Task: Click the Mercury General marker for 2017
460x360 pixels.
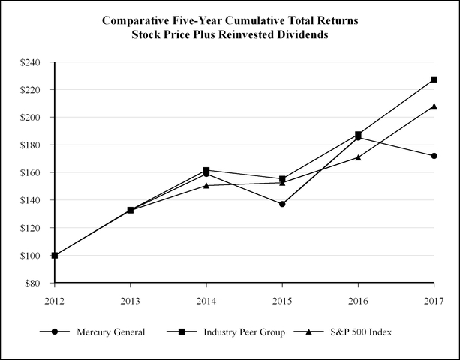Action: (434, 156)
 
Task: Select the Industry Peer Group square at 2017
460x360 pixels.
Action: (434, 79)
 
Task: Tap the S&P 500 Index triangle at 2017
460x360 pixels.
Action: (434, 106)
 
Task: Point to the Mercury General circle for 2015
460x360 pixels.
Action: (282, 204)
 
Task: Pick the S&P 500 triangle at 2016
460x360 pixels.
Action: (358, 157)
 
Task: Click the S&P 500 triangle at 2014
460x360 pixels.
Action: (206, 185)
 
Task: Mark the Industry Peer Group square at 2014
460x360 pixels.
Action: (206, 170)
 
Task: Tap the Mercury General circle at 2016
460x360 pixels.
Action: (358, 137)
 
